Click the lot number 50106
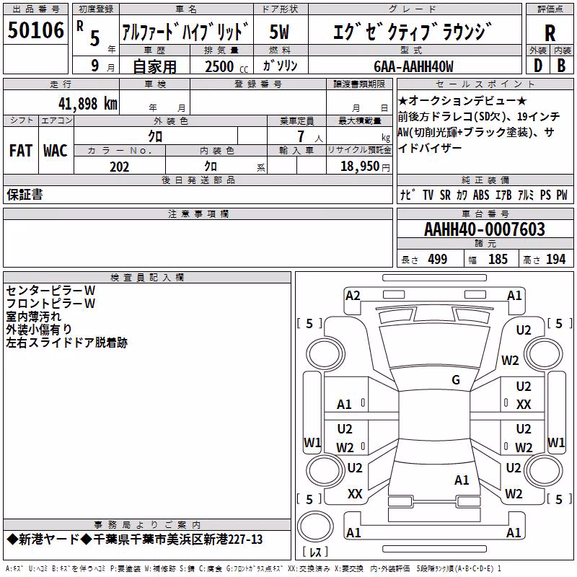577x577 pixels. point(35,30)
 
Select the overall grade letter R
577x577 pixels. point(550,33)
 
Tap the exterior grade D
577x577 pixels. point(538,66)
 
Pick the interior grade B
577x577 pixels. point(561,66)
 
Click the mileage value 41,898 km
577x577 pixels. point(88,104)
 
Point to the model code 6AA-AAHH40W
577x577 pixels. point(413,66)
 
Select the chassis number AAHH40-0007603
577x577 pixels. point(485,229)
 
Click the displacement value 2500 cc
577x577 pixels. point(226,66)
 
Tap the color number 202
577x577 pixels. point(119,167)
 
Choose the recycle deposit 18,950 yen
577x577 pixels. point(365,167)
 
